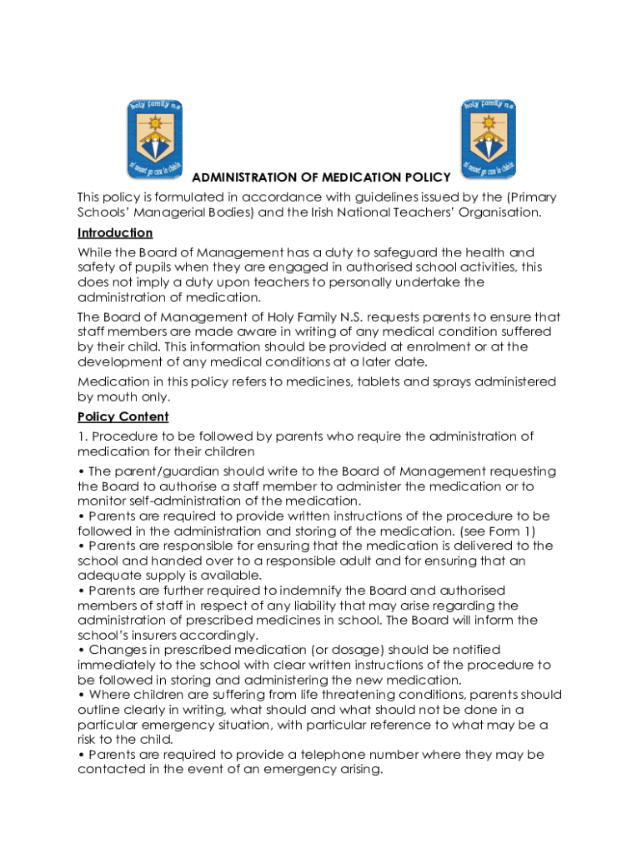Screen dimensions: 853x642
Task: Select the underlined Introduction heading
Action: (115, 232)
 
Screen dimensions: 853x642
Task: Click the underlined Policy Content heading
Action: (123, 417)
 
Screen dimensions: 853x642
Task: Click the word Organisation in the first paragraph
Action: (501, 212)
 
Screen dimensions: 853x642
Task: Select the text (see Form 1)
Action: (495, 531)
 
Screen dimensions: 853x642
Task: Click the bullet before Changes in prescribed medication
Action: (81, 650)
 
